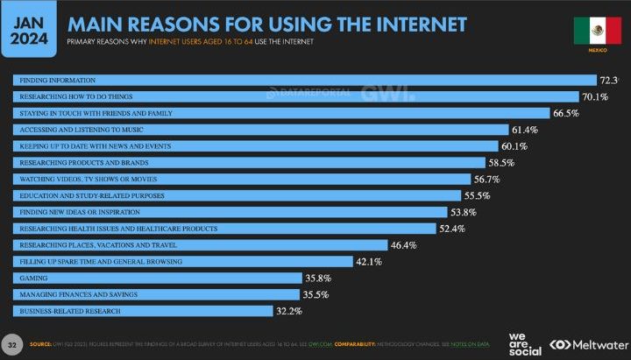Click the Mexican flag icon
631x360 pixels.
pyautogui.click(x=597, y=31)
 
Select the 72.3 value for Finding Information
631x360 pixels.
pyautogui.click(x=609, y=80)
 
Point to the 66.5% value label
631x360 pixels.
pyautogui.click(x=568, y=113)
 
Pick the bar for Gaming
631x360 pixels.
pyautogui.click(x=159, y=278)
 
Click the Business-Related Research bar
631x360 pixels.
pyautogui.click(x=144, y=311)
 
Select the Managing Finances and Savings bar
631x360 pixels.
pyautogui.click(x=158, y=294)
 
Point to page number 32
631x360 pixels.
pyautogui.click(x=13, y=341)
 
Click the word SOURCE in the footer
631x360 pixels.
pyautogui.click(x=41, y=343)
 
